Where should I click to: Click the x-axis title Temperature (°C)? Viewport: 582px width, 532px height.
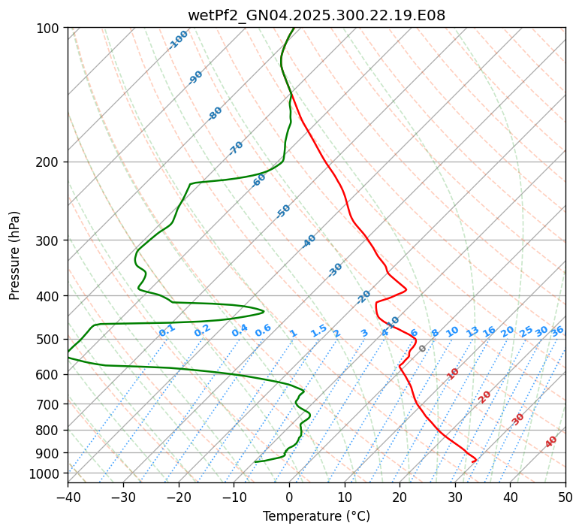[x=316, y=516]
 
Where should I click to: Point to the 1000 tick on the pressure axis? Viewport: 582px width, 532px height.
[x=47, y=473]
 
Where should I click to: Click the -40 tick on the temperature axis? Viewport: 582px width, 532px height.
[x=68, y=497]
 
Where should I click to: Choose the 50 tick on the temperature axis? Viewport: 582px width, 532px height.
[x=565, y=497]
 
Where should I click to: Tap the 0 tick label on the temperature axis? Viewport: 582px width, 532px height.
[x=289, y=497]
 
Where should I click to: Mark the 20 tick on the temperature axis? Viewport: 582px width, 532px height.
[x=400, y=497]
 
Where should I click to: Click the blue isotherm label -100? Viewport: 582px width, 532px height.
[x=178, y=40]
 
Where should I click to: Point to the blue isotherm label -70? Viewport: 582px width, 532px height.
[x=236, y=148]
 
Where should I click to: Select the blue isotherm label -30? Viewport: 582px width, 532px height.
[x=335, y=270]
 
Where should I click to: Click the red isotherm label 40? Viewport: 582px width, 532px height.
[x=551, y=442]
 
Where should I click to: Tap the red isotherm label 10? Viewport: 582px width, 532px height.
[x=452, y=373]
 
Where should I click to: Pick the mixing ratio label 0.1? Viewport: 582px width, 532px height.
[x=167, y=330]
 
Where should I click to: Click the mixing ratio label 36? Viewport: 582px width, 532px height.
[x=557, y=331]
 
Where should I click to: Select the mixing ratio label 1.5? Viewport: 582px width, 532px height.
[x=318, y=330]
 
